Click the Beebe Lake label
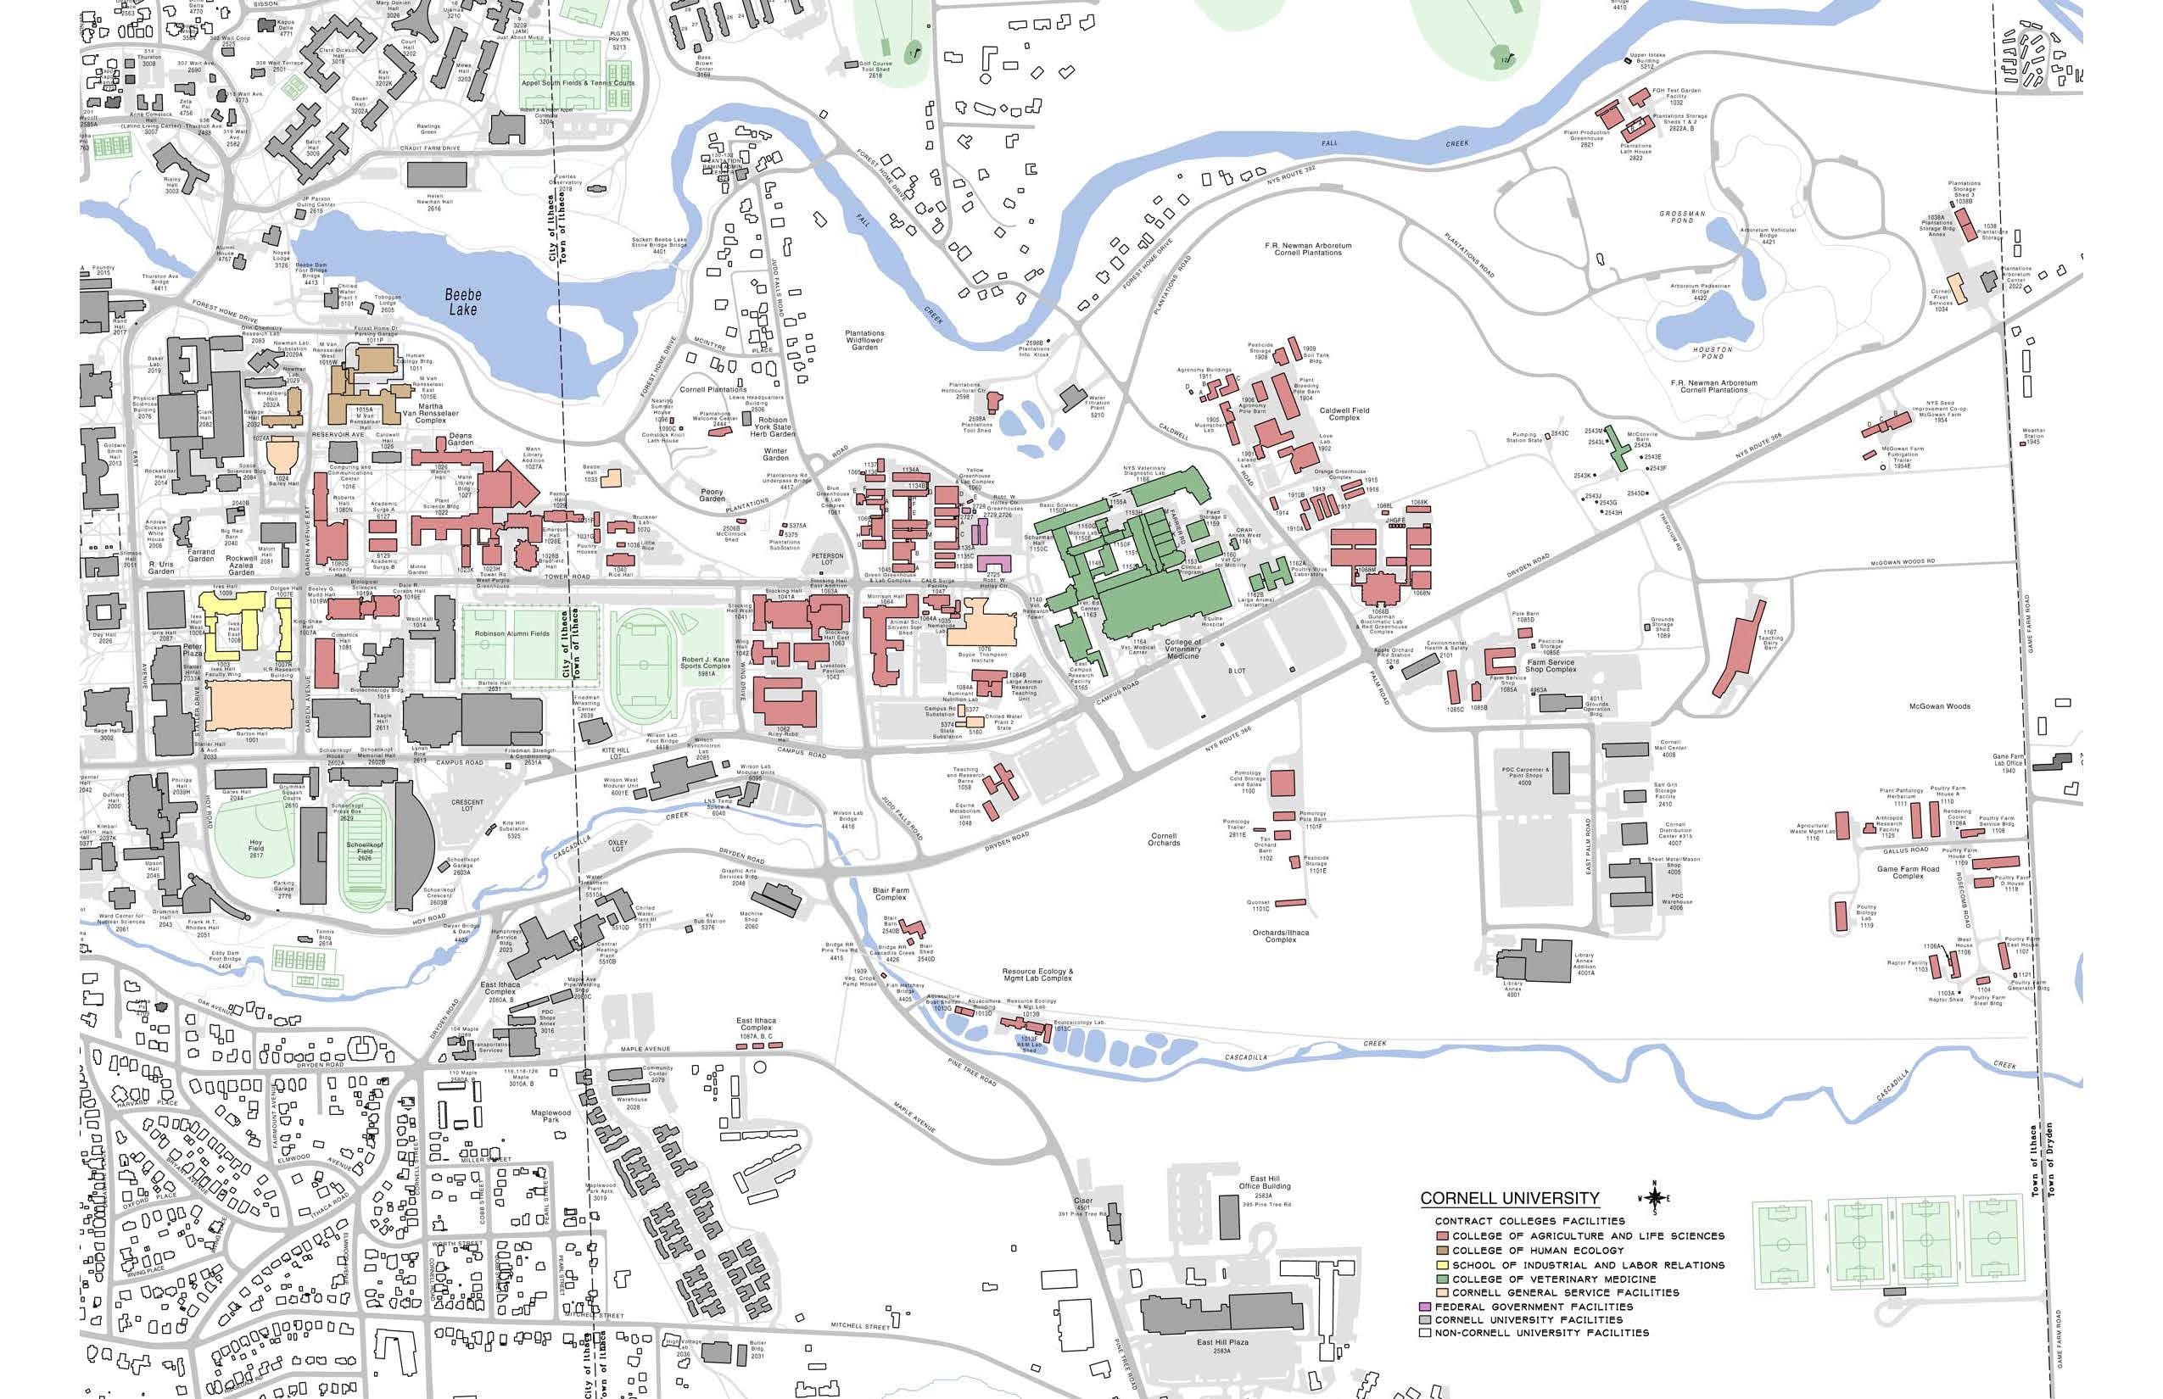tap(462, 302)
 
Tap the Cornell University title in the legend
tap(1509, 1198)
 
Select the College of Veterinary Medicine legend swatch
tap(1441, 1279)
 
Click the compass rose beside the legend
tap(1654, 1198)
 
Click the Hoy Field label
tap(256, 848)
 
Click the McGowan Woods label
tap(1939, 705)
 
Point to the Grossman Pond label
tap(1682, 216)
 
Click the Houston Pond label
tap(1713, 353)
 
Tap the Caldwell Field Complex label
tap(1344, 414)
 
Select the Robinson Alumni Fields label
tap(511, 633)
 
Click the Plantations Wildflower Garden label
tap(864, 340)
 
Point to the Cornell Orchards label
tap(1163, 839)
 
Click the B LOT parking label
tap(1237, 671)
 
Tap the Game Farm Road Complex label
tap(1908, 872)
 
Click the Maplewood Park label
tap(551, 1116)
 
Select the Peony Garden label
tap(712, 495)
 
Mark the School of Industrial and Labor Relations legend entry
tap(1588, 1264)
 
